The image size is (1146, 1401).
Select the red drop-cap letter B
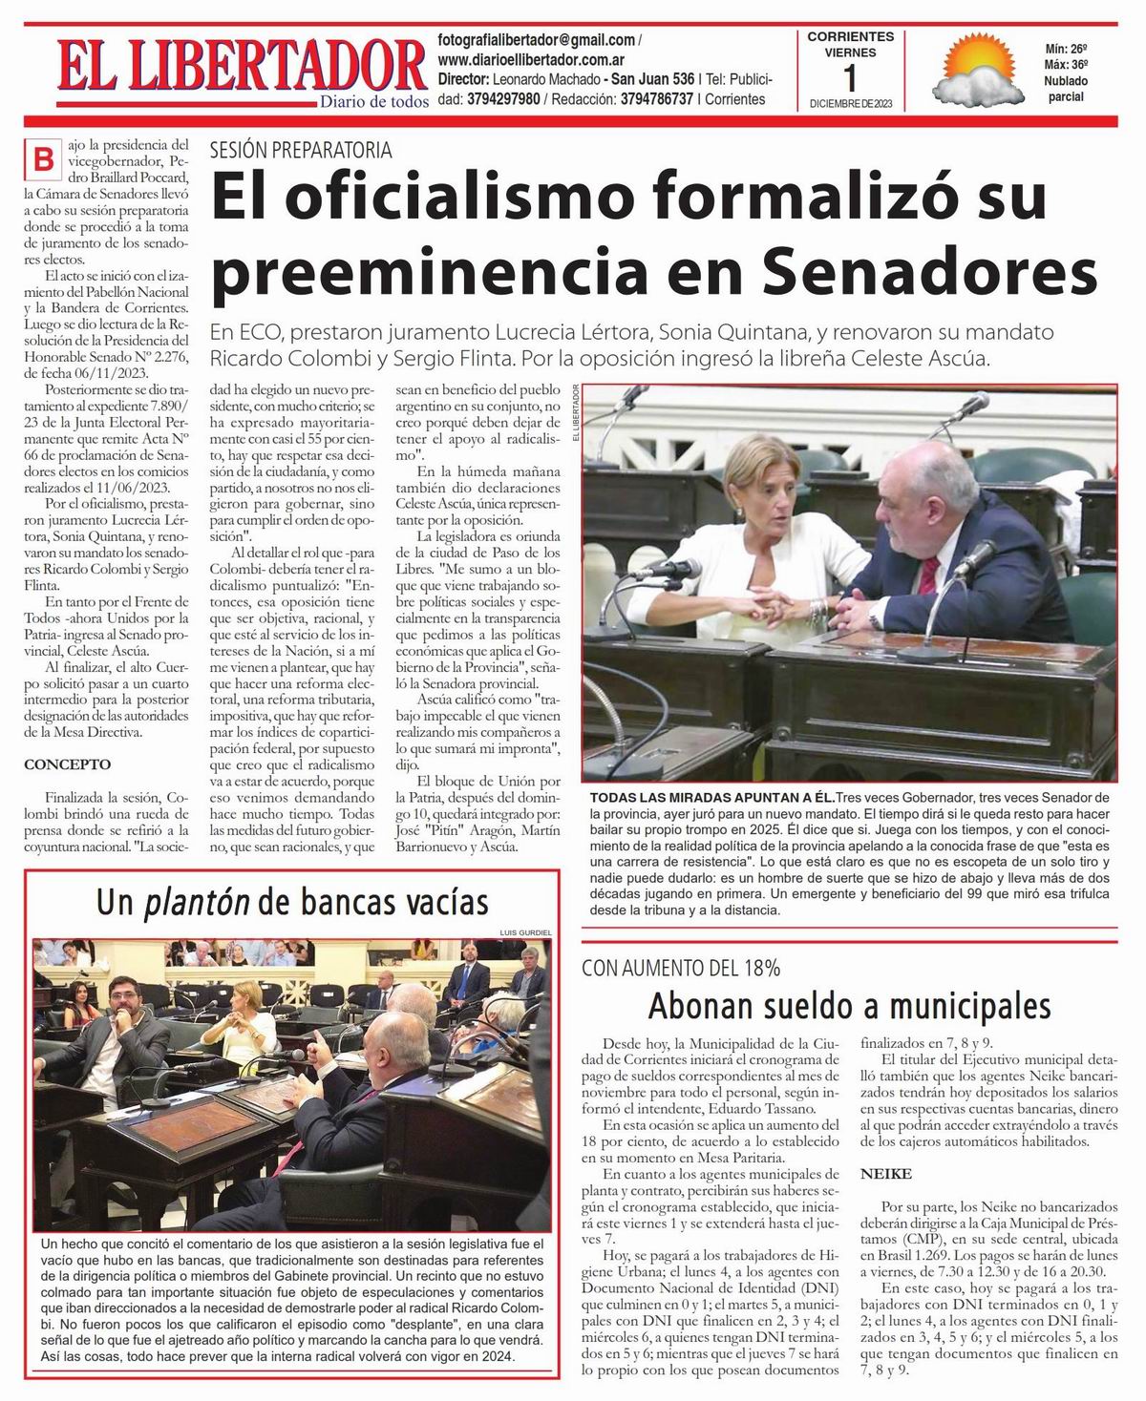pyautogui.click(x=43, y=158)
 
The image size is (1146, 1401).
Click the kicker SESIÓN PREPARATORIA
pyautogui.click(x=301, y=150)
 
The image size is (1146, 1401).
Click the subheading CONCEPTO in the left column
pyautogui.click(x=68, y=764)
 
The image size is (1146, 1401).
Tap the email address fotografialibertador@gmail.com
pyautogui.click(x=537, y=40)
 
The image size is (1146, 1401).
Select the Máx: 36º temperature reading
pyautogui.click(x=1066, y=64)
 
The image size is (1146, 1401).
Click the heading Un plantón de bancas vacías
pyautogui.click(x=292, y=902)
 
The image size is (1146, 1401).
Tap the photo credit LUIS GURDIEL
pyautogui.click(x=526, y=931)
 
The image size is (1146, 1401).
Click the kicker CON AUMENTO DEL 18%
pyautogui.click(x=681, y=968)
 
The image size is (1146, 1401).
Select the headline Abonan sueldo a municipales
pyautogui.click(x=849, y=1006)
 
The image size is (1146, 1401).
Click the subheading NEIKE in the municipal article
pyautogui.click(x=886, y=1173)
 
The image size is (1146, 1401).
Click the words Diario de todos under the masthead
pyautogui.click(x=373, y=101)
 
